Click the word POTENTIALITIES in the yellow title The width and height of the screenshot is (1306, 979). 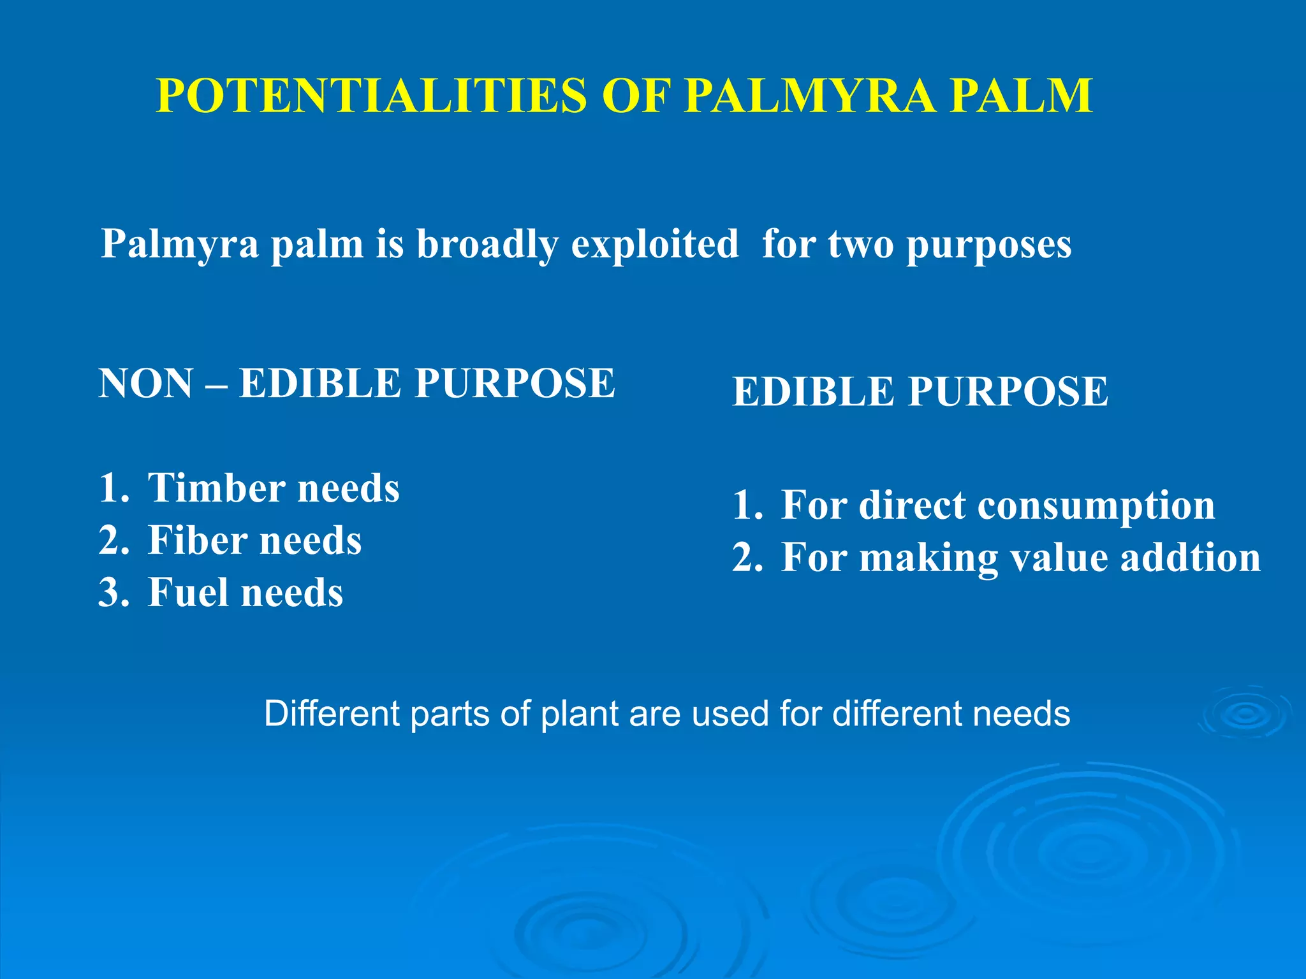coord(371,96)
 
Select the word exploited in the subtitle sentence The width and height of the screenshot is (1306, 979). coord(654,244)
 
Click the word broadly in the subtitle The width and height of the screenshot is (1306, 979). coord(487,244)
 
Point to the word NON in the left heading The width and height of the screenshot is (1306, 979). coord(146,384)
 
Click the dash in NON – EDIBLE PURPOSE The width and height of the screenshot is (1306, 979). coord(216,385)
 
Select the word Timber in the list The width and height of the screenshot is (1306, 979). coord(217,488)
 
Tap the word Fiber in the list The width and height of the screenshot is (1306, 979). coord(197,540)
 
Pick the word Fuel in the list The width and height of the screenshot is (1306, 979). coord(188,593)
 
